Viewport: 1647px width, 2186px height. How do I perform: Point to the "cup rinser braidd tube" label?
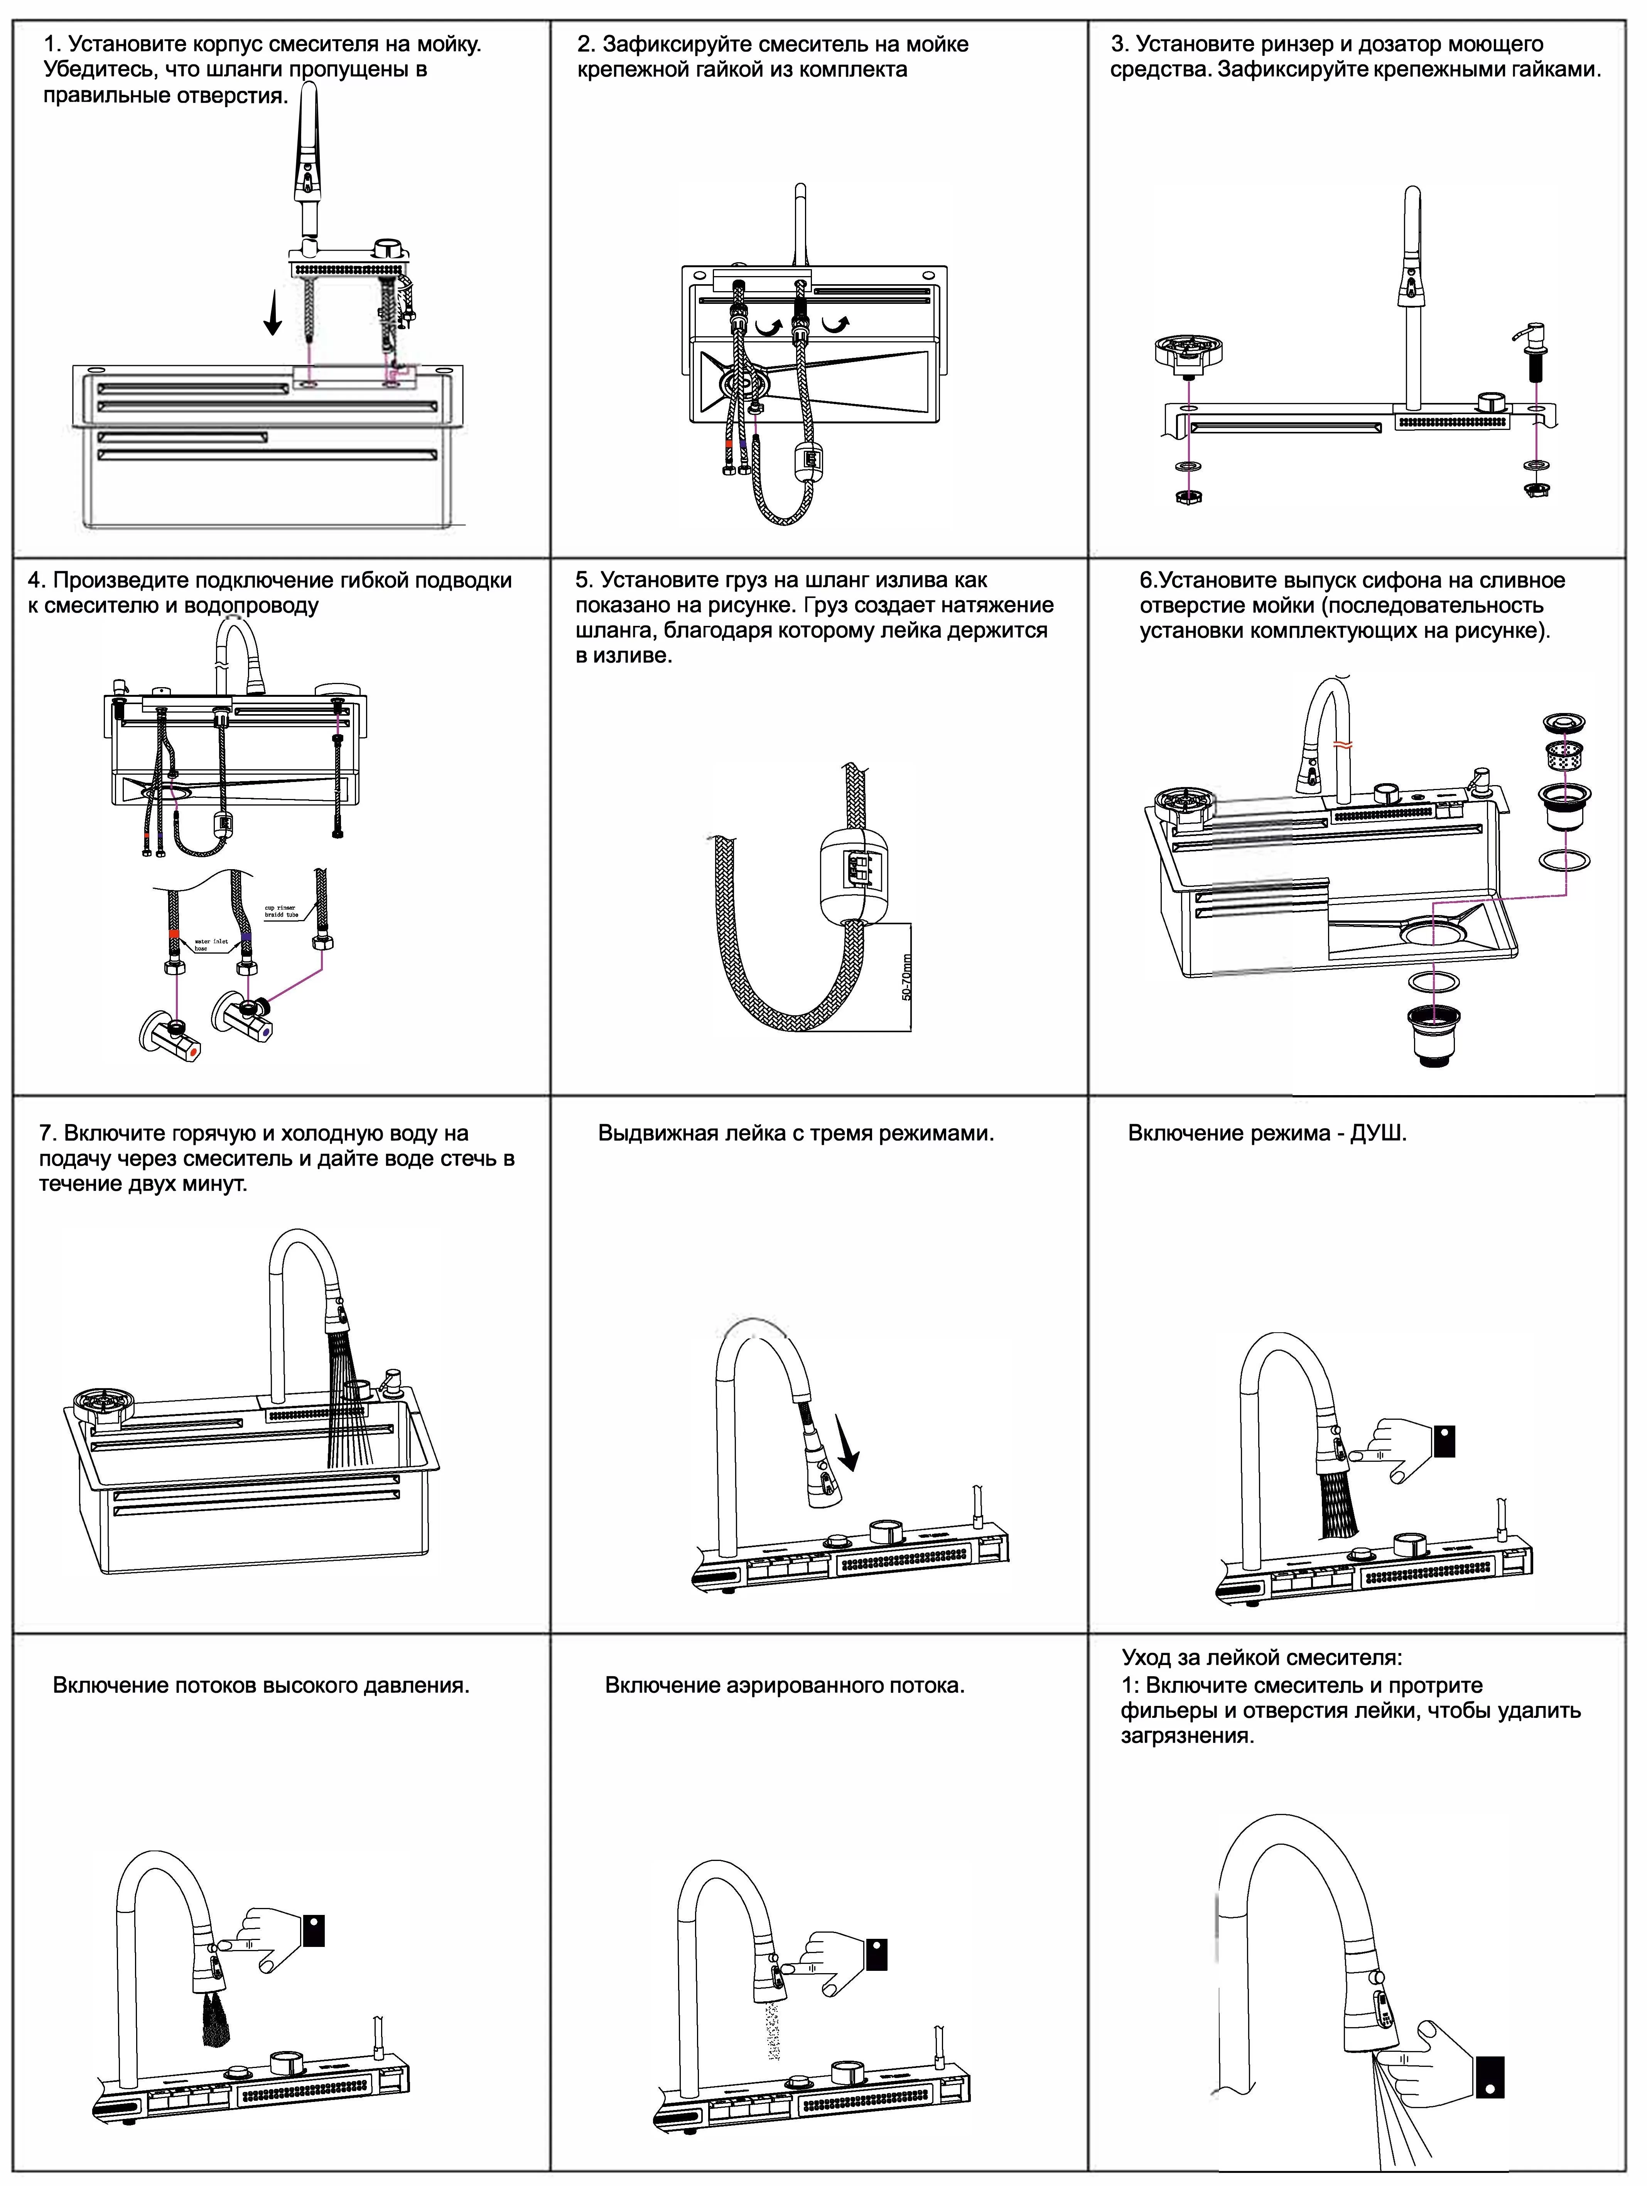(282, 911)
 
